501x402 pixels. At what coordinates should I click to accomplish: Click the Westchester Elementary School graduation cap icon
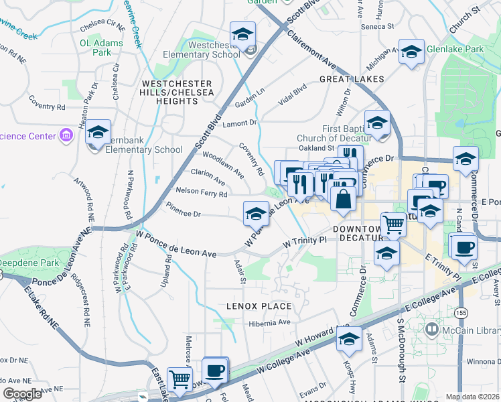coord(242,34)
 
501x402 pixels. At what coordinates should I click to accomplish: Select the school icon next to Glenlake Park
coord(411,52)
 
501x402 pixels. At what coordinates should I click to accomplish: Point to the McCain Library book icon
coord(431,330)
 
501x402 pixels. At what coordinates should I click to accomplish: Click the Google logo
coord(22,394)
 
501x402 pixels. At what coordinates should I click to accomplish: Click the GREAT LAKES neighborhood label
coord(352,79)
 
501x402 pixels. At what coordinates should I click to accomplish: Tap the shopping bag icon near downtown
coord(343,199)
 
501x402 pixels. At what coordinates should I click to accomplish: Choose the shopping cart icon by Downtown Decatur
coord(393,224)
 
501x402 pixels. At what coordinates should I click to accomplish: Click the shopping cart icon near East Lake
coord(180,380)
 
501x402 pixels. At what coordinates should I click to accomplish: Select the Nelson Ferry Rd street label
coord(201,194)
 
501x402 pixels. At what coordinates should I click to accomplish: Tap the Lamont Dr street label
coord(240,123)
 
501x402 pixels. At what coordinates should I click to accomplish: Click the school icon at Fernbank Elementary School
coord(98,133)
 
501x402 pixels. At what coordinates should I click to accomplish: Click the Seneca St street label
coord(377,26)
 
